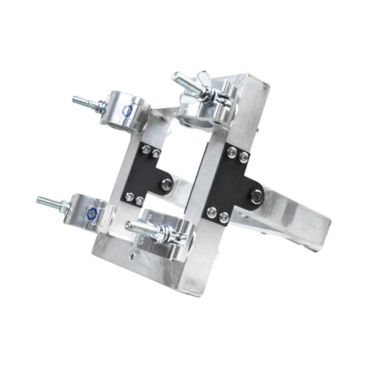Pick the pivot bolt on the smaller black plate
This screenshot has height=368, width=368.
pyautogui.click(x=167, y=183)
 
